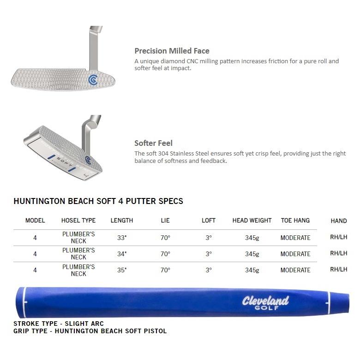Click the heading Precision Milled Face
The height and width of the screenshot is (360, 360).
[172, 51]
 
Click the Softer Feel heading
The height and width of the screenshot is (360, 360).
[153, 143]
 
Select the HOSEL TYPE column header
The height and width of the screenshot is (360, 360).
[78, 221]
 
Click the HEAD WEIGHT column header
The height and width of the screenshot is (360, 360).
[252, 221]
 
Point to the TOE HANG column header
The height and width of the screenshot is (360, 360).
[295, 221]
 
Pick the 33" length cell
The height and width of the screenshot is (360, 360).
[122, 238]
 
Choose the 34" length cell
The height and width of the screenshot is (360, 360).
[122, 254]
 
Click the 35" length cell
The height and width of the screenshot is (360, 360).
[122, 270]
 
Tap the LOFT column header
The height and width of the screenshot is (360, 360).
[209, 221]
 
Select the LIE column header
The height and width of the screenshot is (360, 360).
[165, 221]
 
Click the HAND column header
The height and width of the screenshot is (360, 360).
[339, 221]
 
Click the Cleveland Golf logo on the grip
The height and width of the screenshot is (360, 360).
[265, 303]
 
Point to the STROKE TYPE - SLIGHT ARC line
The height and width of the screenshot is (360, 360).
[59, 324]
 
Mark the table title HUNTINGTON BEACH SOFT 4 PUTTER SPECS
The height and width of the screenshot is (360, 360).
[98, 201]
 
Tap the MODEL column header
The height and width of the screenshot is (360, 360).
[35, 221]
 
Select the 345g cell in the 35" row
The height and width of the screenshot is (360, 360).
[252, 270]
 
